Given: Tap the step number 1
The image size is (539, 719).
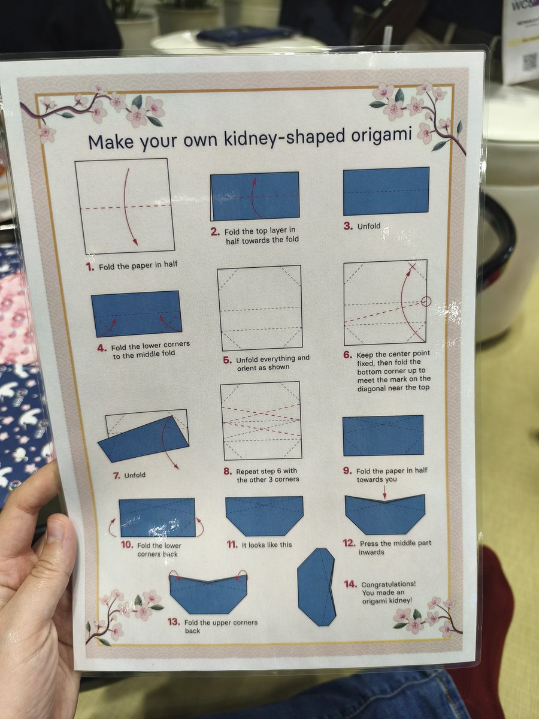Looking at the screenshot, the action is (90, 267).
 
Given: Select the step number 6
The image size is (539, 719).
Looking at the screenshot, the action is (347, 355).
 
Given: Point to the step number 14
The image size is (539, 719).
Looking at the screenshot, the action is (350, 584).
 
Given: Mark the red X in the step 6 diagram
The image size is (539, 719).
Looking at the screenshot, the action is (411, 266).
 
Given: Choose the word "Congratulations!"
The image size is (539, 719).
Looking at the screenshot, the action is (389, 584).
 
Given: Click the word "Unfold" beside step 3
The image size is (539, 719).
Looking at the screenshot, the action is (369, 226).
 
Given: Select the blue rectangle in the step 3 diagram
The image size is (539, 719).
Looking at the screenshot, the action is (386, 191).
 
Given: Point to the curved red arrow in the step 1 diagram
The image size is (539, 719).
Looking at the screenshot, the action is (129, 207).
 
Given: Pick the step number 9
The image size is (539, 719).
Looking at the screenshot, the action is (347, 470).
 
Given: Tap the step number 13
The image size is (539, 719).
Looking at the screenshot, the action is (174, 622).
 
